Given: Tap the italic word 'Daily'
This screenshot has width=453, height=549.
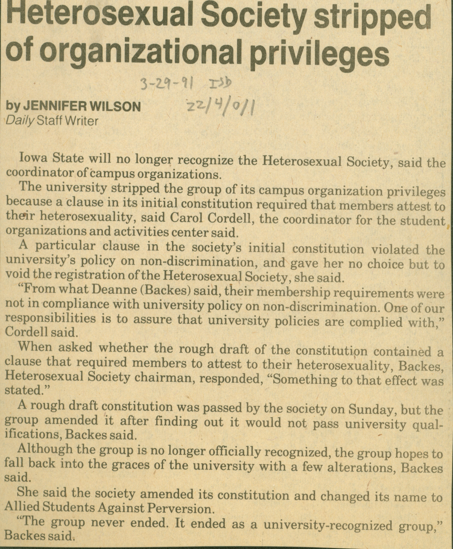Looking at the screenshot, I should point(20,121).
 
